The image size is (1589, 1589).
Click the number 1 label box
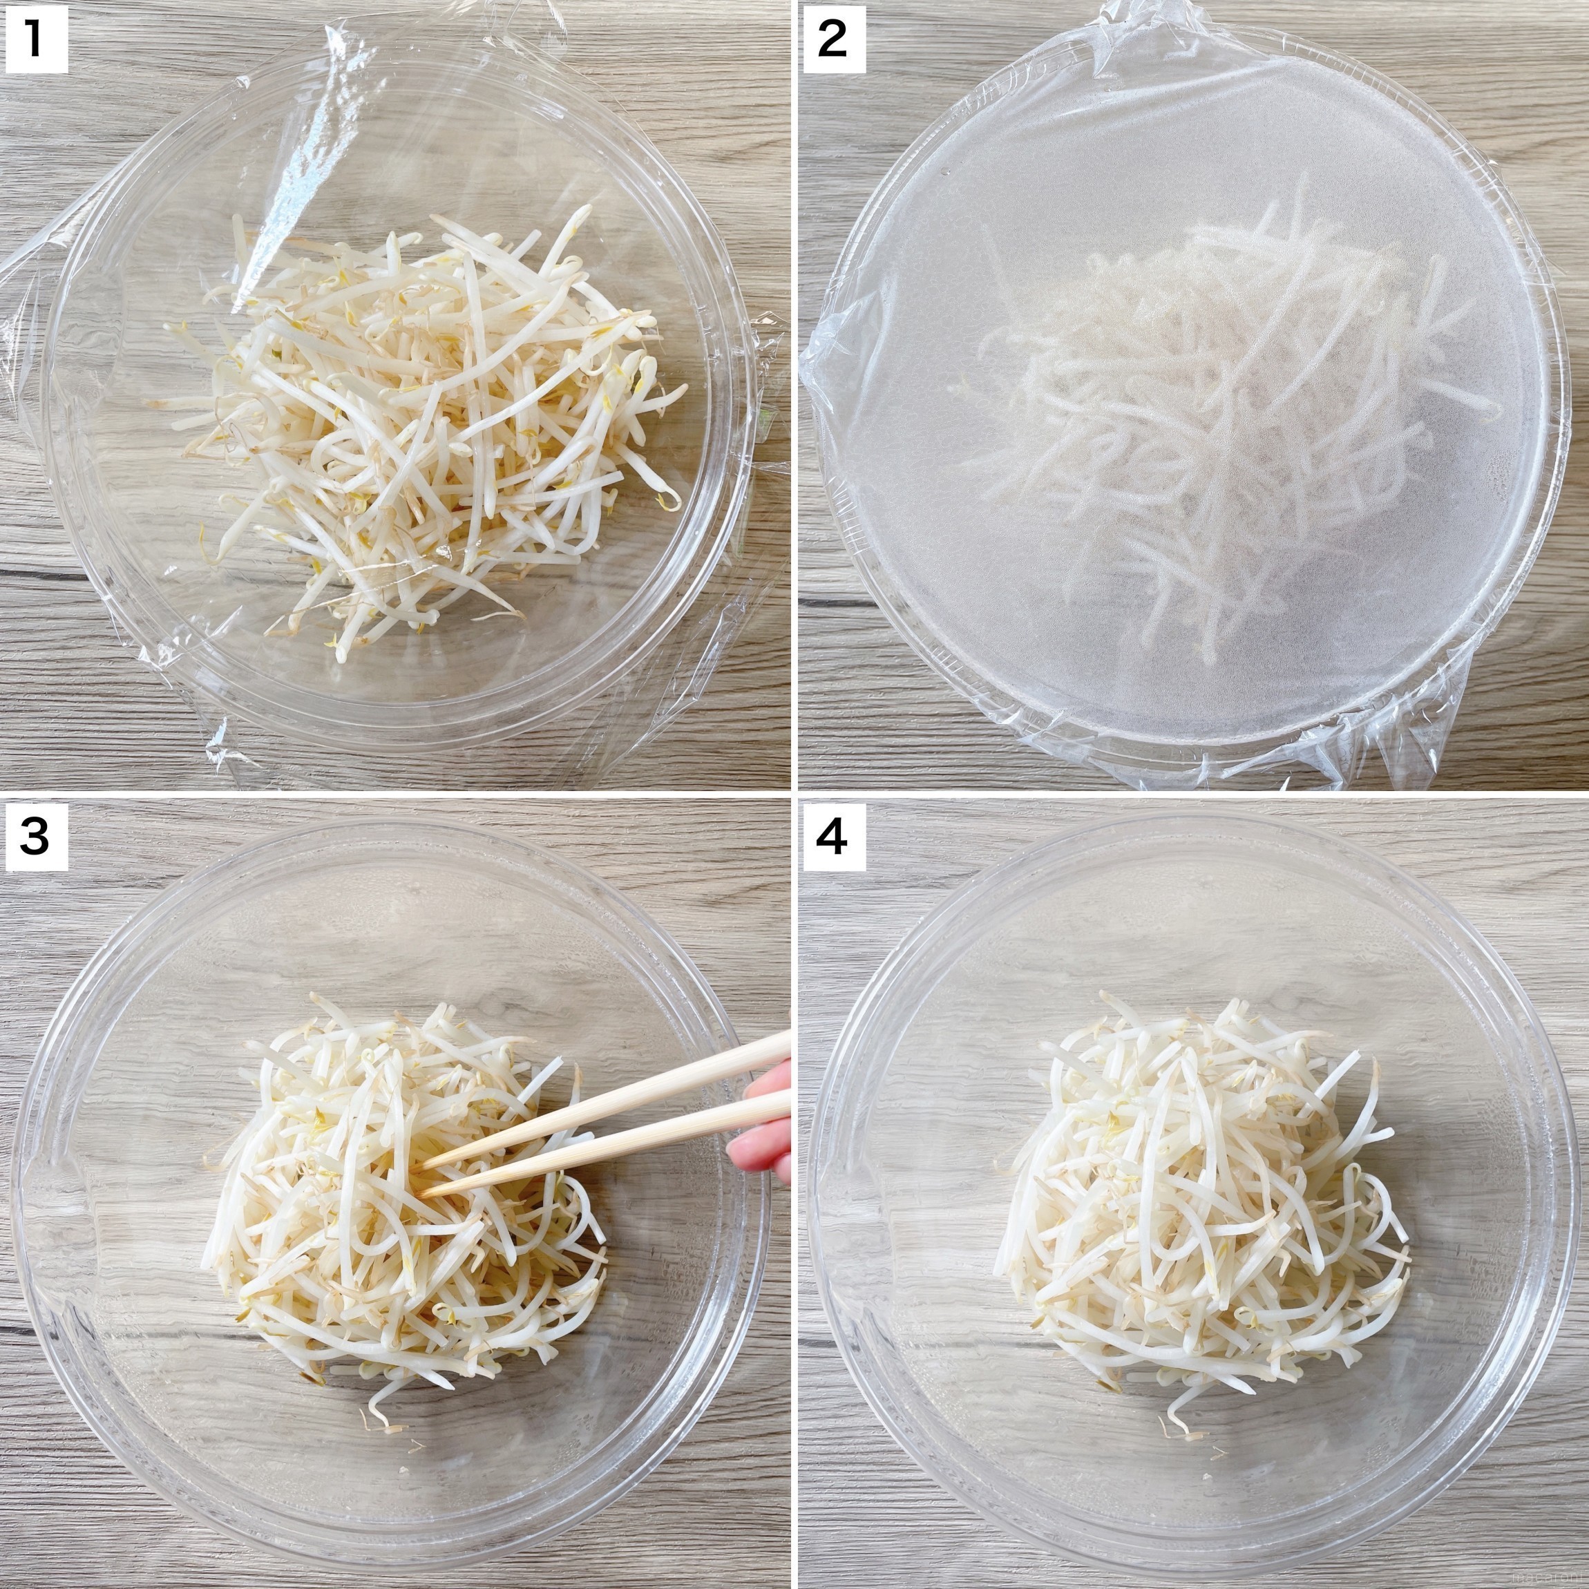pos(35,38)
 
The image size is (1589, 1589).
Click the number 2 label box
pos(832,38)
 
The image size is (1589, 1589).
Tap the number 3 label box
pos(35,836)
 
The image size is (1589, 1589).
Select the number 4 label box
pos(832,836)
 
